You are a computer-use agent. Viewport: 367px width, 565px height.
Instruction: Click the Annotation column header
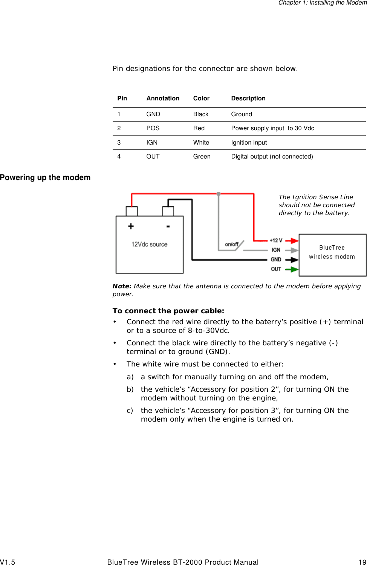(163, 98)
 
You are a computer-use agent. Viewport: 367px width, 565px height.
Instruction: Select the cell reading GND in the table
(153, 114)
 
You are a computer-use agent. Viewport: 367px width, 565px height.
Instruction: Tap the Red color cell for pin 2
(199, 128)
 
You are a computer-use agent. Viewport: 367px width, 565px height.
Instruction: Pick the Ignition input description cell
(249, 142)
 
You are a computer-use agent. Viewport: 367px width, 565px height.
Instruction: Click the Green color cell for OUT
(202, 156)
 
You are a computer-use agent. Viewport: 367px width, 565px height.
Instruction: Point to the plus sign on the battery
(131, 226)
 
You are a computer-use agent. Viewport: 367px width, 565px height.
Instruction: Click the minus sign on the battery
(168, 226)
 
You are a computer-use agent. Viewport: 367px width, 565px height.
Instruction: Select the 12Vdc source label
(149, 244)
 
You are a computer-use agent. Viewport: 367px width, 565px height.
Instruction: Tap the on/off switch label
(231, 244)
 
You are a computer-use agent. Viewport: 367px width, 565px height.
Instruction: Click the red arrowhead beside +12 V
(294, 240)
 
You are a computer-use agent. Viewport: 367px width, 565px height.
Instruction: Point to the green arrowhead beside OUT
(294, 269)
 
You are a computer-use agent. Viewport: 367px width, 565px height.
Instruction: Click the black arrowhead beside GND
(294, 260)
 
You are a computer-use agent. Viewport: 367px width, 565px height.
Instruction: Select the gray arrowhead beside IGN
(294, 250)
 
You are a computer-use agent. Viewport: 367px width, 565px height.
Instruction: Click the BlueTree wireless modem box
(332, 255)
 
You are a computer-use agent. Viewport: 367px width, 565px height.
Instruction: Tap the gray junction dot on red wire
(219, 194)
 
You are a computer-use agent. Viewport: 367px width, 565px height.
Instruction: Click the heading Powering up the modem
(45, 177)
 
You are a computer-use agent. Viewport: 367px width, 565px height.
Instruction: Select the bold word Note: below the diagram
(122, 286)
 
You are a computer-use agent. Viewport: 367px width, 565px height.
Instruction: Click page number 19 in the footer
(362, 562)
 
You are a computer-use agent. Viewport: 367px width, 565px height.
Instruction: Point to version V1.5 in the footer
(8, 562)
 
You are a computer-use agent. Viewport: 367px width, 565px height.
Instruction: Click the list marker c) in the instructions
(130, 410)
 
